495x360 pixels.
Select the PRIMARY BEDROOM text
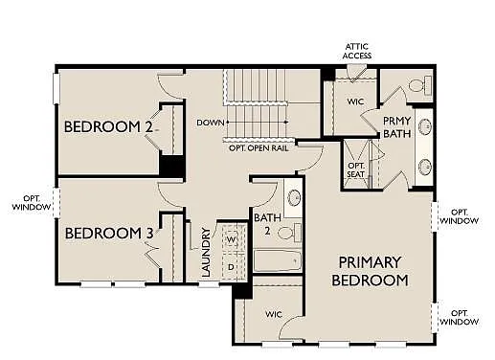(370, 271)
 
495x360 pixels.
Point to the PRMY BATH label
(396, 128)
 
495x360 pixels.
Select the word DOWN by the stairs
(210, 123)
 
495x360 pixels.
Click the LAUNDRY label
(206, 252)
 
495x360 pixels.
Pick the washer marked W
(232, 239)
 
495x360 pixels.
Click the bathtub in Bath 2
(278, 261)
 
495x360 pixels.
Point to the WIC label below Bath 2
(272, 313)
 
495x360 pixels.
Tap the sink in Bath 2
(293, 198)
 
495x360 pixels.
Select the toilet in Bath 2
(294, 232)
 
